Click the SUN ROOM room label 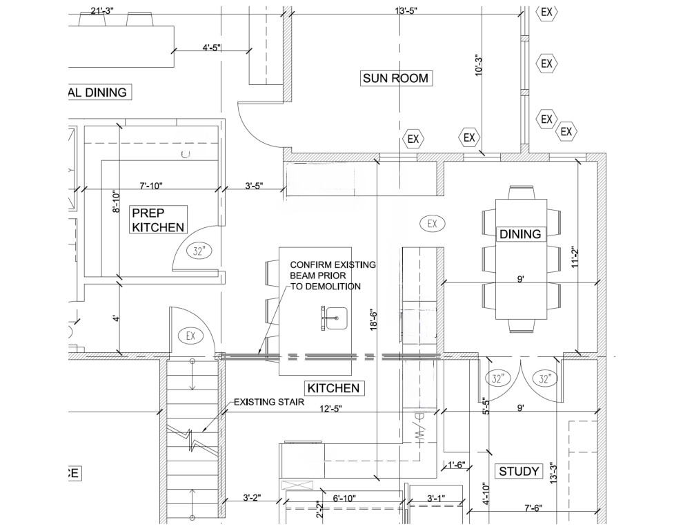pos(396,78)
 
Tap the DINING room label pos(521,234)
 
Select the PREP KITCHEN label pos(158,220)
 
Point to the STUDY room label pos(518,472)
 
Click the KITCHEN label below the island pos(334,388)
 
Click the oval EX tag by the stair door pos(190,336)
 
